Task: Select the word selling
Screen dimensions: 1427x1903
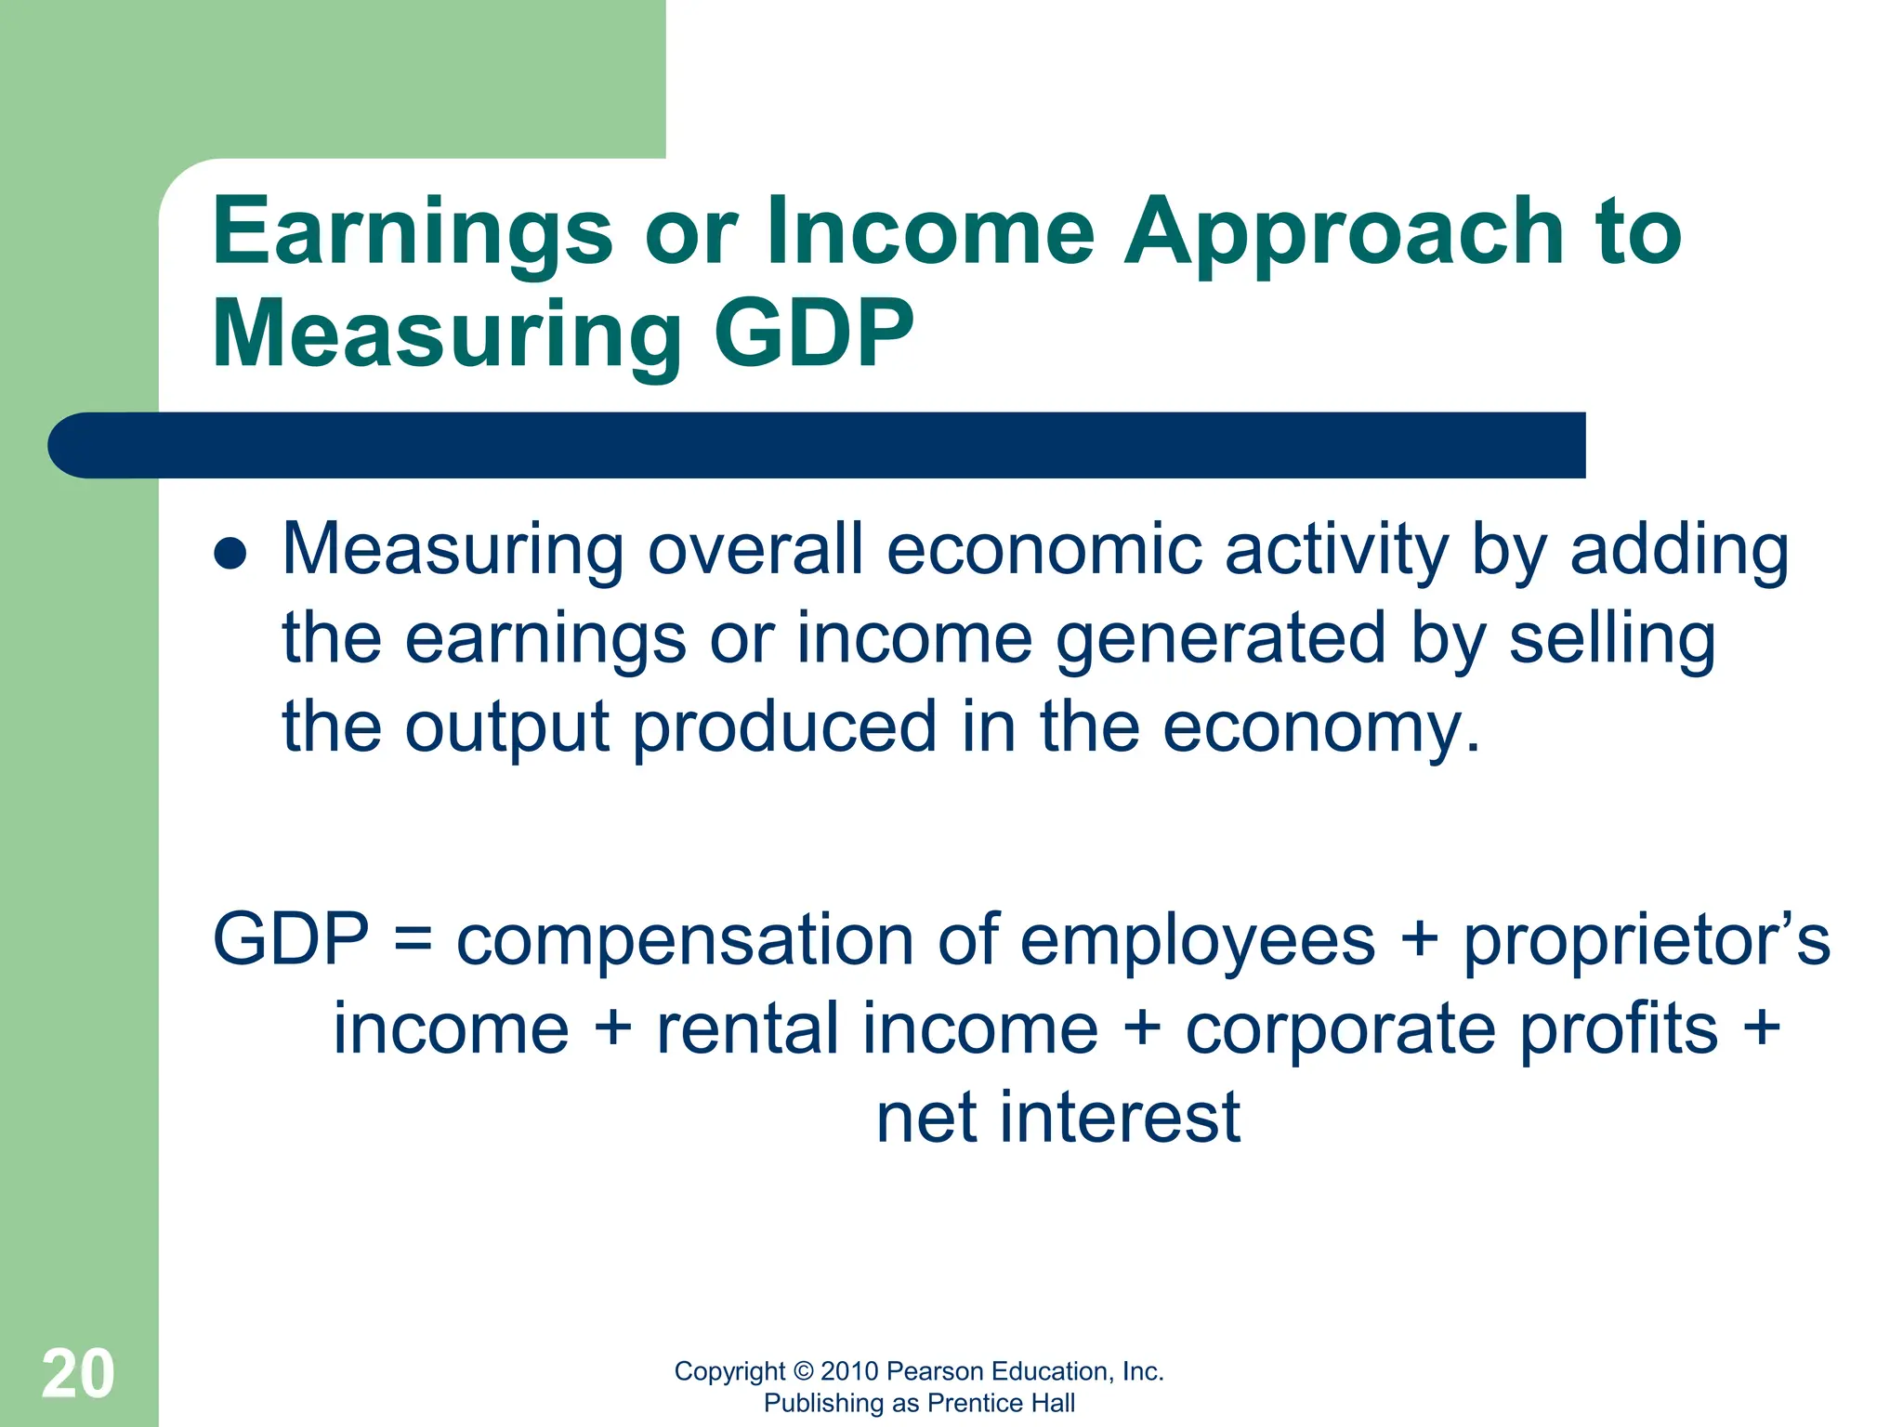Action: point(1612,638)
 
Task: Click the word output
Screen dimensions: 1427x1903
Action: point(506,727)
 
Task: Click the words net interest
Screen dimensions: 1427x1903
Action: point(1057,1118)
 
